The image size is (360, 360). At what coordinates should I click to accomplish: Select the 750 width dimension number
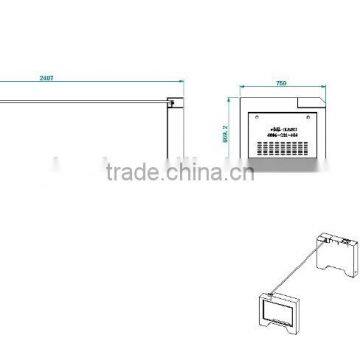(281, 85)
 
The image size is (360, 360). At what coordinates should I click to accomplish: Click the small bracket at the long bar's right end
(176, 101)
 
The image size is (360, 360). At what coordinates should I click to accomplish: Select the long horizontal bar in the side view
(85, 98)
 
